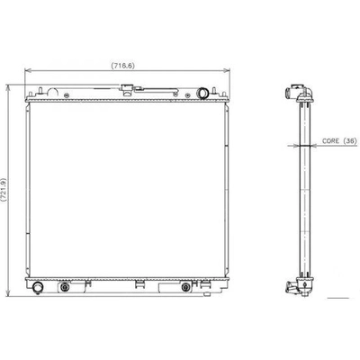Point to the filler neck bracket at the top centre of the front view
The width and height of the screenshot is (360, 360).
point(130,89)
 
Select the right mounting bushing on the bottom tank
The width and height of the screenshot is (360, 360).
point(185,288)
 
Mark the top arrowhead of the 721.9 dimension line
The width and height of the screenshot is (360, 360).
point(10,87)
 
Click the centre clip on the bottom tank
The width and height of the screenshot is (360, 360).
point(139,285)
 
